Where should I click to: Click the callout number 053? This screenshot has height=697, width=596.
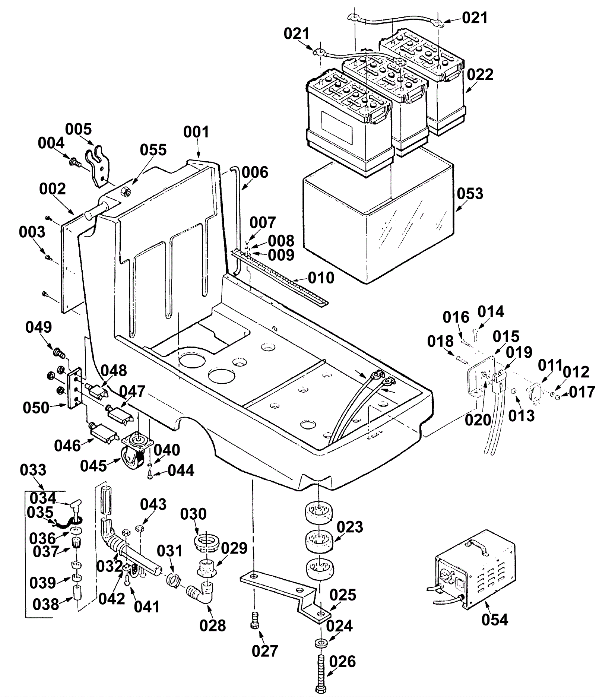(470, 194)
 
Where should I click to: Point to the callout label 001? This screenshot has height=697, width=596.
(196, 132)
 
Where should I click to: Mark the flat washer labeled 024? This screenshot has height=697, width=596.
(320, 643)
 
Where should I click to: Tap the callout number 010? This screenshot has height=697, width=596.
(321, 278)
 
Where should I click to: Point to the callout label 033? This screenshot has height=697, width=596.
(33, 470)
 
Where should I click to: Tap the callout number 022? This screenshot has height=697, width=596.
(480, 75)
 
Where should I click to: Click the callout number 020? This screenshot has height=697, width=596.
(478, 420)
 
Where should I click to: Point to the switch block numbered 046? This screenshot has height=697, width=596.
(102, 434)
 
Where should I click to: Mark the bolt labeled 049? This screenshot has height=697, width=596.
(58, 351)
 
